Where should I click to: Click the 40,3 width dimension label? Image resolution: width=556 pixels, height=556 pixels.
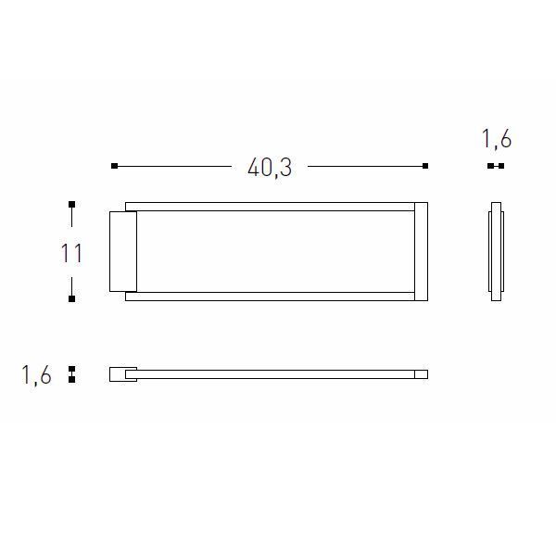tap(270, 168)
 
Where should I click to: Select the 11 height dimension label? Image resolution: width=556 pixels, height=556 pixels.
tap(71, 253)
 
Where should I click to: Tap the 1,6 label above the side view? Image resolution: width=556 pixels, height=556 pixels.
tap(496, 139)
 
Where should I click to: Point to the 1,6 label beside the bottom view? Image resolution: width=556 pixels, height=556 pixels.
tap(36, 374)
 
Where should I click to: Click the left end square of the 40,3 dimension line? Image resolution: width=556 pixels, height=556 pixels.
tap(114, 166)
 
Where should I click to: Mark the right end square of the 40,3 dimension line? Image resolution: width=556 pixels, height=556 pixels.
tap(425, 166)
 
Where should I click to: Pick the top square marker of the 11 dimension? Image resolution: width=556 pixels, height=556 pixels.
tap(71, 204)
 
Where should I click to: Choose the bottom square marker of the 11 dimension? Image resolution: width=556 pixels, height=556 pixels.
tap(71, 299)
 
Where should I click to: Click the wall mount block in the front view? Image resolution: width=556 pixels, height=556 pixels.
tap(123, 252)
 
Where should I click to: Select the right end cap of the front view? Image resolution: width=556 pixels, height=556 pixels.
tap(422, 251)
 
